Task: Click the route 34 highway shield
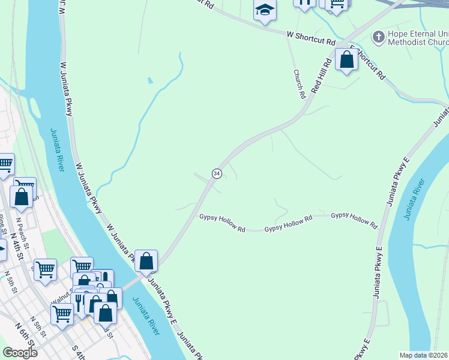216,173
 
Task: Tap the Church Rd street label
299,83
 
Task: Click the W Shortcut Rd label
310,41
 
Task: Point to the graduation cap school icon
264,11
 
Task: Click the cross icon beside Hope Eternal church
378,37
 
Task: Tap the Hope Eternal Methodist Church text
417,38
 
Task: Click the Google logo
20,353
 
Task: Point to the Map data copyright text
424,355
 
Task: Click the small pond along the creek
149,80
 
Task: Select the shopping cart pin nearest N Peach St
25,185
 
